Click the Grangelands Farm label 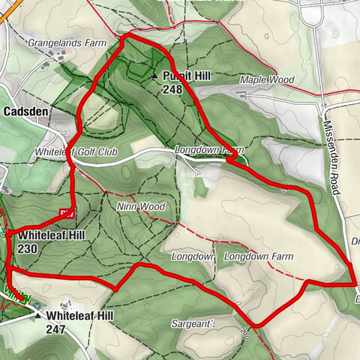click(x=67, y=43)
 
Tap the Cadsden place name click(x=26, y=111)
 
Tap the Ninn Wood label click(x=140, y=206)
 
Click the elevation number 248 click(x=172, y=88)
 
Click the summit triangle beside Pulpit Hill click(x=155, y=76)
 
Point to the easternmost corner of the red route click(x=355, y=284)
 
